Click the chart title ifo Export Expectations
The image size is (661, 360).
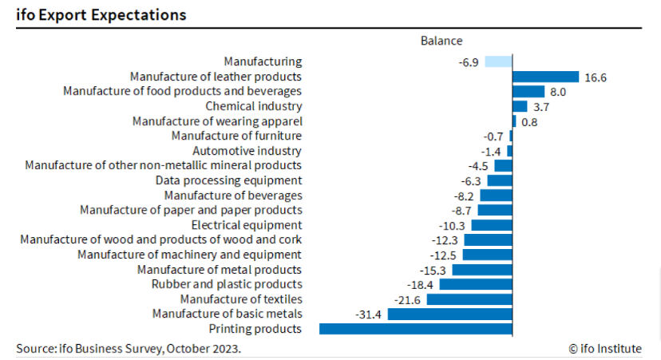tap(101, 14)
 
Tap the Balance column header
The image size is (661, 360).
tap(441, 41)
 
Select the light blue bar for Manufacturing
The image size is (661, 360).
tap(498, 61)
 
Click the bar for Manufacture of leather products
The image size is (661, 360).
tap(545, 77)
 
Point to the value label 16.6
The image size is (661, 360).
tap(596, 77)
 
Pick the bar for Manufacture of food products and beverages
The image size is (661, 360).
tap(528, 92)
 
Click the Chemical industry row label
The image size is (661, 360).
tap(253, 106)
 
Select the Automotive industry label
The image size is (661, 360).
tap(247, 151)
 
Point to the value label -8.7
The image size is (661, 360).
tap(461, 211)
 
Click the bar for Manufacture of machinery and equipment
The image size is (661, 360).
tap(487, 255)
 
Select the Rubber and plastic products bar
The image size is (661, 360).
tap(476, 284)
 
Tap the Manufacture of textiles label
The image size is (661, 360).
tap(240, 299)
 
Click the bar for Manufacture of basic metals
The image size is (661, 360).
tap(449, 314)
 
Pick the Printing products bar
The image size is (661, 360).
tap(415, 329)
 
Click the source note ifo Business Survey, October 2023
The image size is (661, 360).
tap(129, 349)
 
